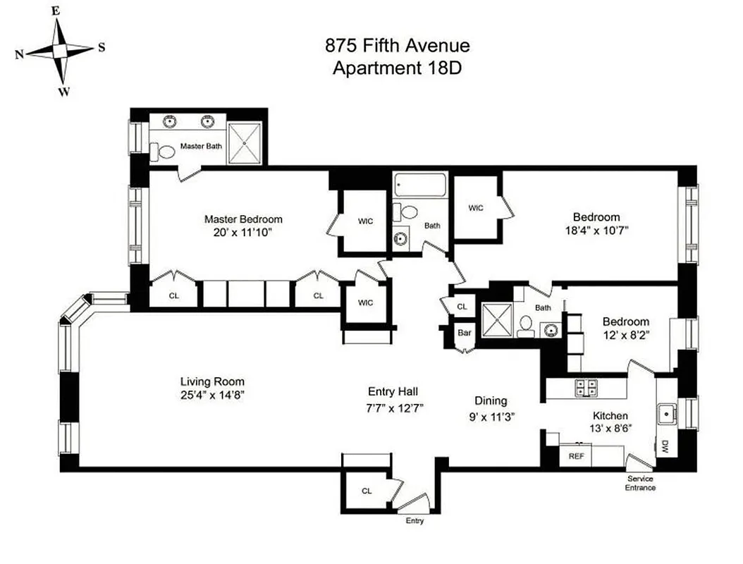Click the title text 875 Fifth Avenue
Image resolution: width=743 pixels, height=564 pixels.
pyautogui.click(x=397, y=47)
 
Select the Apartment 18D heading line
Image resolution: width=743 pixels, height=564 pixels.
pyautogui.click(x=397, y=68)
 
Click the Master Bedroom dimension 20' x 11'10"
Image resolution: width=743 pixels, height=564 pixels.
pyautogui.click(x=243, y=231)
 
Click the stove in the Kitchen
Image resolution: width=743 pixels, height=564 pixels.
pyautogui.click(x=585, y=386)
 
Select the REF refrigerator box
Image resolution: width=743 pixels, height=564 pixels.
pyautogui.click(x=576, y=456)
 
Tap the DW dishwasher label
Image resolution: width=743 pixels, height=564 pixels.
pyautogui.click(x=665, y=446)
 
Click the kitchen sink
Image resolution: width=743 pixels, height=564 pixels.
pyautogui.click(x=665, y=415)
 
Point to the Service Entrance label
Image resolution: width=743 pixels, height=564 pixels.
pyautogui.click(x=640, y=483)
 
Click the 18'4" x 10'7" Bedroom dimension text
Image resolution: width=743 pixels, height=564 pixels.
pyautogui.click(x=596, y=230)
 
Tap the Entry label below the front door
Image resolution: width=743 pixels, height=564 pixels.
pyautogui.click(x=415, y=521)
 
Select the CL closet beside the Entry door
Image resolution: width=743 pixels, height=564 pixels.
pyautogui.click(x=367, y=491)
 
